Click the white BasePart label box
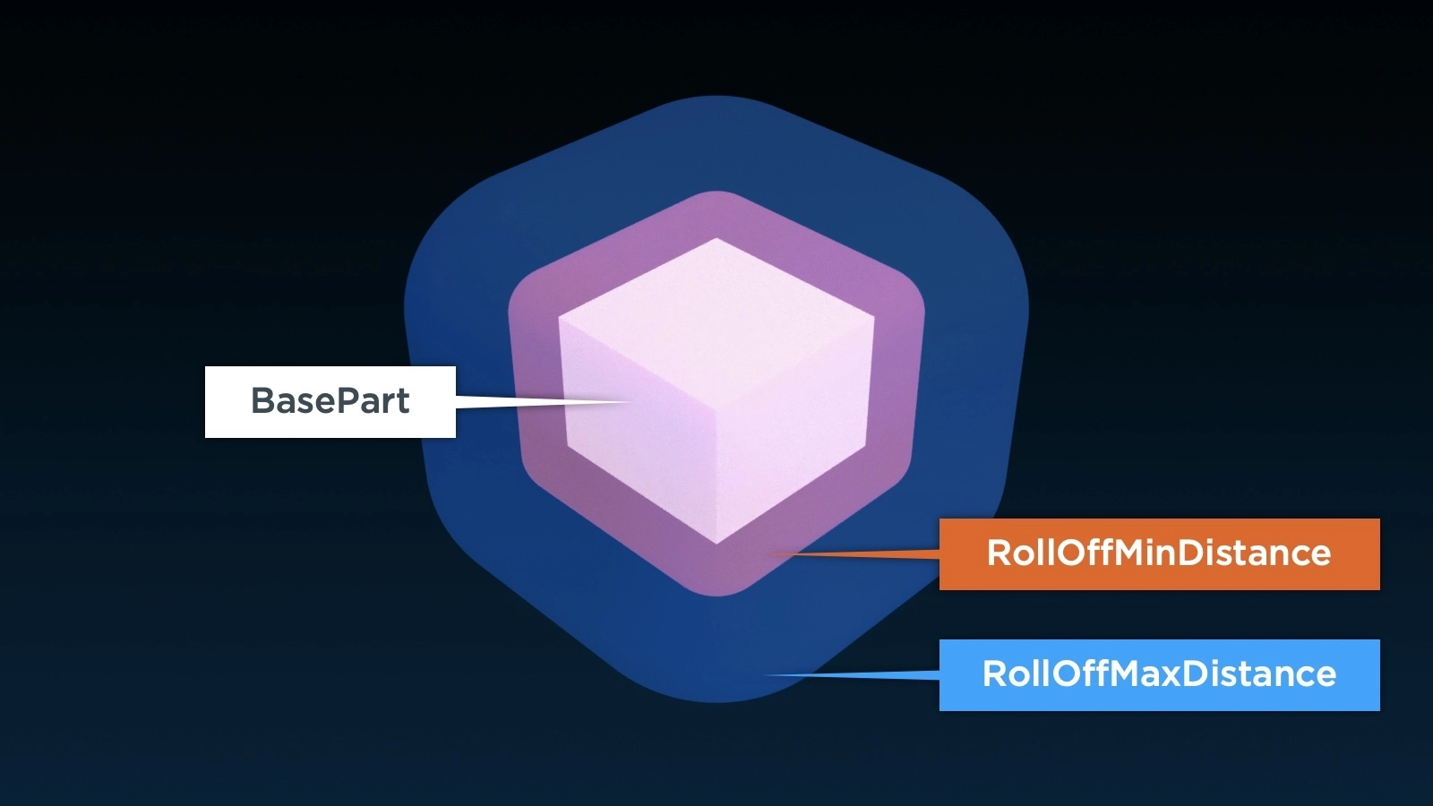pos(330,401)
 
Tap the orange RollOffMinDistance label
pos(1159,553)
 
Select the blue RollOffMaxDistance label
pos(1159,674)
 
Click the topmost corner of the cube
pos(716,239)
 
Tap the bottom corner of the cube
pos(716,543)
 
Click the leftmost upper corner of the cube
pos(560,315)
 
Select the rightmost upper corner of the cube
pos(873,315)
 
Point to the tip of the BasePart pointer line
pos(631,402)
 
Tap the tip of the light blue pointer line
pos(763,674)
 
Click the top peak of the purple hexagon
pos(716,192)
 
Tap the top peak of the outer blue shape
pos(716,97)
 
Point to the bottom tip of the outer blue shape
pos(716,702)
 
